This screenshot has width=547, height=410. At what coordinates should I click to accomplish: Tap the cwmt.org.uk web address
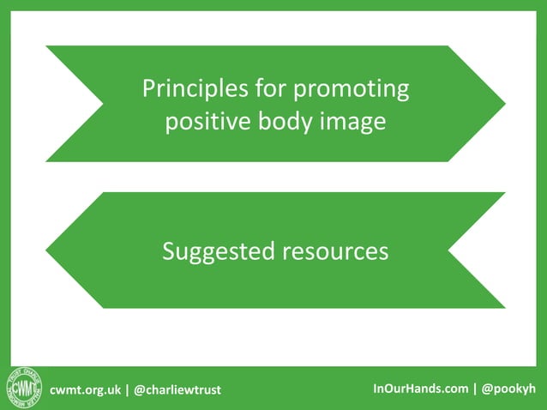86,389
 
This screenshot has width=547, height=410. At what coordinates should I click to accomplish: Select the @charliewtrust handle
177,389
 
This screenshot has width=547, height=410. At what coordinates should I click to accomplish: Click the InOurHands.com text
420,389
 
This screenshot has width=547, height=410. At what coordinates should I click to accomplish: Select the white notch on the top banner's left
86,104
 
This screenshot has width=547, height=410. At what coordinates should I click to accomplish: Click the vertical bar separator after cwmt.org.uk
127,389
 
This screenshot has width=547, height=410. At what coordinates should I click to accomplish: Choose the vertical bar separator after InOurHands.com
475,389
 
